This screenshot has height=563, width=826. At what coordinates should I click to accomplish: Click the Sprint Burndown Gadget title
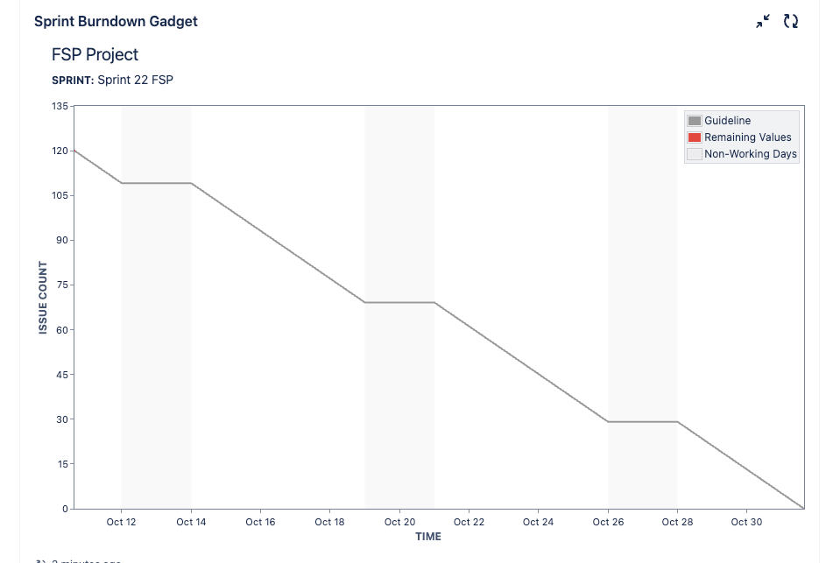click(x=116, y=21)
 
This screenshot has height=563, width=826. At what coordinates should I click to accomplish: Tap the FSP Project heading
click(x=95, y=54)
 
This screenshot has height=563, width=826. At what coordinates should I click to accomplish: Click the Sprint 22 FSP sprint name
click(x=135, y=80)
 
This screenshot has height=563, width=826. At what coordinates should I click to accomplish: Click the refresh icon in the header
click(x=791, y=21)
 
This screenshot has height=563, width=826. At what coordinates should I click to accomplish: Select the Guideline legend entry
click(x=727, y=121)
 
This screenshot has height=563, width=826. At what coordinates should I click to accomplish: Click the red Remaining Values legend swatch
click(x=695, y=137)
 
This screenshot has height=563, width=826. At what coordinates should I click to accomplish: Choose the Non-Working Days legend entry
click(x=750, y=154)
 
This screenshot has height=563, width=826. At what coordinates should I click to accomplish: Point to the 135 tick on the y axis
click(x=60, y=106)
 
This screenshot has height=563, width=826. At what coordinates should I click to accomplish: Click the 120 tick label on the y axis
click(x=60, y=151)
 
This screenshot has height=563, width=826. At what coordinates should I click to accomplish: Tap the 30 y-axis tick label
click(x=62, y=419)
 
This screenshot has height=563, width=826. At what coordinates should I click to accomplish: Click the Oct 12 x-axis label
click(x=121, y=522)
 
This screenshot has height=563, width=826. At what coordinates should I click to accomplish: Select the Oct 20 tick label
click(x=399, y=522)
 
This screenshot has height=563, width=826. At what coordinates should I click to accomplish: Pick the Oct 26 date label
click(x=608, y=522)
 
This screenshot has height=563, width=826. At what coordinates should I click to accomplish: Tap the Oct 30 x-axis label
click(x=746, y=522)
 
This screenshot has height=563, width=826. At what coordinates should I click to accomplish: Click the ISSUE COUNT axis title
click(x=43, y=298)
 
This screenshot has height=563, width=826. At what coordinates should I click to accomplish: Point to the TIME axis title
click(x=428, y=536)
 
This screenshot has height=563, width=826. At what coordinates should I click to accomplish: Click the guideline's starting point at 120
click(x=74, y=151)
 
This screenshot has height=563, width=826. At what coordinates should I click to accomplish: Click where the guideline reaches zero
click(x=803, y=508)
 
